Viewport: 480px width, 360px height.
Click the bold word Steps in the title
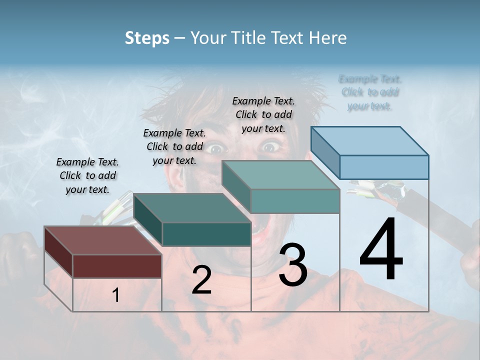[x=147, y=38]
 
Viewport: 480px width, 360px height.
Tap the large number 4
[x=381, y=250]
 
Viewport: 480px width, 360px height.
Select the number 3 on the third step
[x=293, y=265]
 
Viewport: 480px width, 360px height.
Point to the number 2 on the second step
[x=201, y=280]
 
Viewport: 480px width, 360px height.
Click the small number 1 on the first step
[x=116, y=295]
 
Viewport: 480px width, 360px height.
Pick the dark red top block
[x=103, y=252]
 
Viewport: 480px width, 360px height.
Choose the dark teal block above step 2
[x=192, y=220]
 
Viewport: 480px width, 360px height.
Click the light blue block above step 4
[x=370, y=153]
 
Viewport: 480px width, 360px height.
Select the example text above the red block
[x=87, y=175]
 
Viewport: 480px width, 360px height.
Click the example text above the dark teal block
[x=174, y=146]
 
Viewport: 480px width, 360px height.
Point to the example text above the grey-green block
[x=263, y=114]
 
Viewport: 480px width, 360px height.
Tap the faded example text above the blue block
[x=370, y=92]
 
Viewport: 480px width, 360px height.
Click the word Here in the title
[x=328, y=38]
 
